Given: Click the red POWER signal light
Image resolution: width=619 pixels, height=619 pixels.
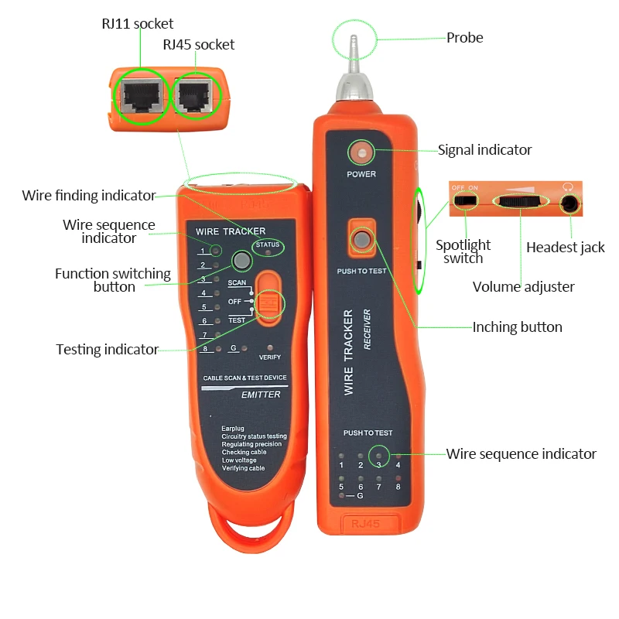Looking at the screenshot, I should tap(361, 151).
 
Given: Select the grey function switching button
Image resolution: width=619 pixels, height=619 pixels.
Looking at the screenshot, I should tap(242, 262).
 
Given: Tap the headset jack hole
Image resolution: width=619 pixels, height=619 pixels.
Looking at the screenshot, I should tap(570, 203).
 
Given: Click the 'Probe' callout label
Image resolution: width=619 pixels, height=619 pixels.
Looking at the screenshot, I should tap(464, 38).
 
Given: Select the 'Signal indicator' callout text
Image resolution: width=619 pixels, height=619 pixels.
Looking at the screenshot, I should tap(484, 150).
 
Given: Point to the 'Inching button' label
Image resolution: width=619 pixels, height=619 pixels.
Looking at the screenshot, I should tap(517, 327).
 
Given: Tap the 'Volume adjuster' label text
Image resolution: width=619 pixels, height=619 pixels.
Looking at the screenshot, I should tap(523, 287).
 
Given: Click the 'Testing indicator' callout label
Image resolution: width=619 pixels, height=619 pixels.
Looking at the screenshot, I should tap(107, 350).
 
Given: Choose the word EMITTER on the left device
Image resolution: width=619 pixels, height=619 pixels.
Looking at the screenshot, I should tap(261, 395).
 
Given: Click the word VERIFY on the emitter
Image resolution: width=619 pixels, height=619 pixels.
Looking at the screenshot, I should tap(269, 357).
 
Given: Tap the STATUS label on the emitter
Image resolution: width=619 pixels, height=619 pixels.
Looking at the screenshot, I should tap(268, 245).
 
